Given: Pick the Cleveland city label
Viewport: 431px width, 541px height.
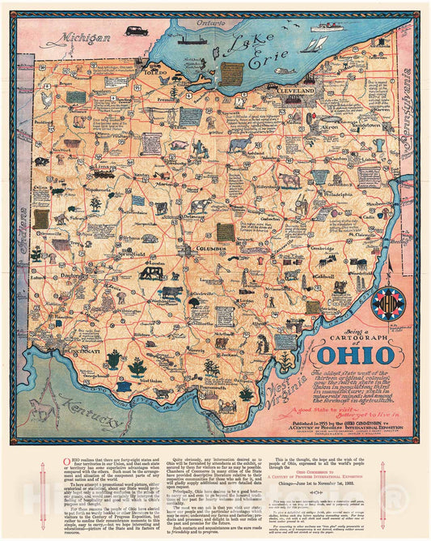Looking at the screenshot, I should point(297,92).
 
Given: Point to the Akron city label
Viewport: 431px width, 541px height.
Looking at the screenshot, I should point(330,128).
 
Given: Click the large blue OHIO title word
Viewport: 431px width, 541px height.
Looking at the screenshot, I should point(336,355).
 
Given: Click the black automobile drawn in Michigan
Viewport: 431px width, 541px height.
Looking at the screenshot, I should point(133,30).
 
